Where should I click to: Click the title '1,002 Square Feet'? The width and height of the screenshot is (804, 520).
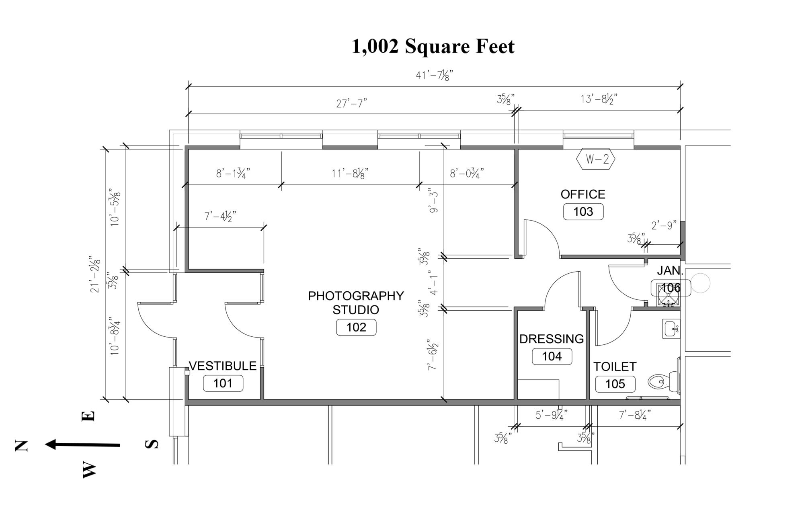click(x=433, y=47)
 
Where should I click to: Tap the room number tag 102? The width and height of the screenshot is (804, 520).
click(x=356, y=327)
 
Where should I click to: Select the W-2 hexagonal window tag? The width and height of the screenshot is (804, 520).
click(x=595, y=160)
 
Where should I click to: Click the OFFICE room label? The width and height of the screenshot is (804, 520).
click(x=582, y=194)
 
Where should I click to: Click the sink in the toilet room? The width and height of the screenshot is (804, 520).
click(x=671, y=329)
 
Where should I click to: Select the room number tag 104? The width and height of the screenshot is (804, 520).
click(x=552, y=356)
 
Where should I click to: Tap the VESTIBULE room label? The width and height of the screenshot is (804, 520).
click(x=222, y=366)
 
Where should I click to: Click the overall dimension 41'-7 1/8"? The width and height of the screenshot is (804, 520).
click(x=434, y=75)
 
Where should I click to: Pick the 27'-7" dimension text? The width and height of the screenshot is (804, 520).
click(x=352, y=104)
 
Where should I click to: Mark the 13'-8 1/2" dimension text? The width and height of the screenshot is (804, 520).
click(x=599, y=99)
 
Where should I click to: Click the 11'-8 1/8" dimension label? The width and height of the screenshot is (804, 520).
click(x=350, y=174)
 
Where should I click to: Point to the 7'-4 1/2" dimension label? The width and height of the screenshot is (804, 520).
click(x=220, y=216)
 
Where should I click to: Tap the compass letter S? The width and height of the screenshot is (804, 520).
click(x=151, y=444)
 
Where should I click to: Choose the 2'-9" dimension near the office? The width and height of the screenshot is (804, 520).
click(x=664, y=225)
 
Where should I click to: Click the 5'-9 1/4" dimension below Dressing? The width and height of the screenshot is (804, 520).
click(x=552, y=415)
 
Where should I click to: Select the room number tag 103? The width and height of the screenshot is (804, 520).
click(x=583, y=212)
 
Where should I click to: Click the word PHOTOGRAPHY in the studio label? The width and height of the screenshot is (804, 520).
click(x=356, y=296)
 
